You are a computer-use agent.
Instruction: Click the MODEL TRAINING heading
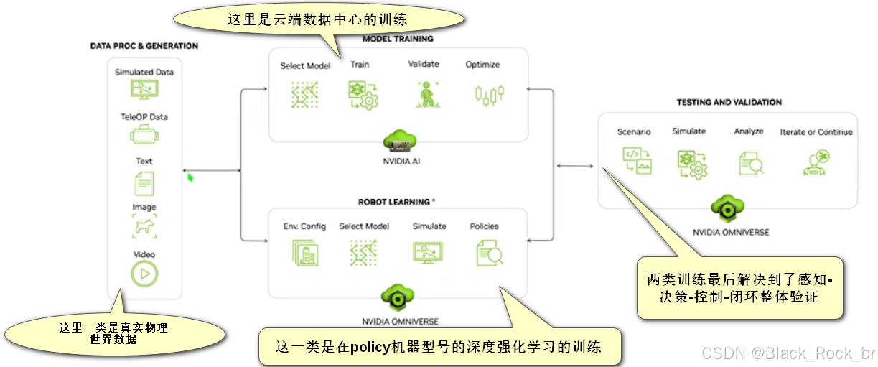tap(398, 39)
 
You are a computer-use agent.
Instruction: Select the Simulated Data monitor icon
tap(144, 89)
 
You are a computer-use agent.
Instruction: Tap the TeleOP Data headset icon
tap(144, 134)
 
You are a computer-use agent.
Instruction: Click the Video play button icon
tap(144, 273)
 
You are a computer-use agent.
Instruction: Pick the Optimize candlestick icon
tap(489, 94)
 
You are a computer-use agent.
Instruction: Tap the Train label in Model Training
tap(360, 65)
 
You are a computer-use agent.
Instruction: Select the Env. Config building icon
tap(305, 253)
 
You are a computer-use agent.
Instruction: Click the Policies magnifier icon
tap(489, 253)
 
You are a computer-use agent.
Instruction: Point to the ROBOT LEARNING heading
tap(397, 202)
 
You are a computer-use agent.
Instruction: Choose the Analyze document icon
tap(750, 162)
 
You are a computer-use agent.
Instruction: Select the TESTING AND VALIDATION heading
tap(729, 103)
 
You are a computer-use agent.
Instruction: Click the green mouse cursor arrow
tap(191, 177)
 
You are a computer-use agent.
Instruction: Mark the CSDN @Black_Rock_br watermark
tap(788, 353)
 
